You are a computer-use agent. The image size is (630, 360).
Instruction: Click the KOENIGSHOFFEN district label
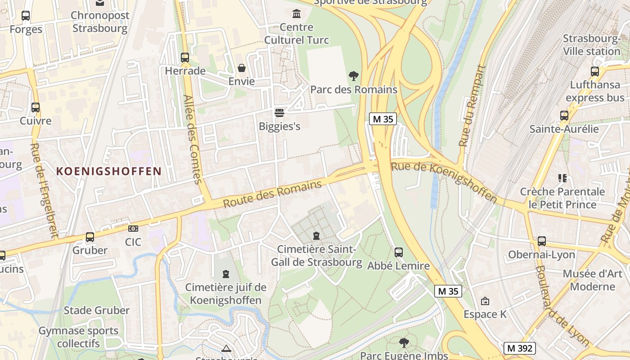coord(109,171)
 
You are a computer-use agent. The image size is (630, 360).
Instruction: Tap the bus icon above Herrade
coord(185,58)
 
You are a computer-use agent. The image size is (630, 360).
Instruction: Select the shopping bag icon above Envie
coord(242,68)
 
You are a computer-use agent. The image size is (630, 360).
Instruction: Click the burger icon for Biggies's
coord(279,112)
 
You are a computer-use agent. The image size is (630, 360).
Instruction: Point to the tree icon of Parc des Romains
coord(354,76)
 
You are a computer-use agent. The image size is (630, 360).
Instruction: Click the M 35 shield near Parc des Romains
coord(382,119)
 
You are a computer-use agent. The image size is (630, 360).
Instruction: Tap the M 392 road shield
coord(519,348)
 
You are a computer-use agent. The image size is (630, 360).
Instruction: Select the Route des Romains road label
coord(273,194)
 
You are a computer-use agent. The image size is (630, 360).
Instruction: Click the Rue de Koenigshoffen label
coord(444,182)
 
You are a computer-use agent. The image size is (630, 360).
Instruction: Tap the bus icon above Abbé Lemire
coord(398,252)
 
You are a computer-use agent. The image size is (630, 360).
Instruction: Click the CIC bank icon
coord(133,229)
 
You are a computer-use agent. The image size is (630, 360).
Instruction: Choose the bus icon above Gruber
coord(90,237)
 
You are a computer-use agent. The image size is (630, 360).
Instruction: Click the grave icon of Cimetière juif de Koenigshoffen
coord(226,274)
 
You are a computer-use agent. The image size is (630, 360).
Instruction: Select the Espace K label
coord(485,314)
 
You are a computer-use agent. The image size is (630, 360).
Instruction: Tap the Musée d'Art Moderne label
coord(592,280)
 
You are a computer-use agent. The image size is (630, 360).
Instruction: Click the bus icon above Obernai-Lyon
coord(541,241)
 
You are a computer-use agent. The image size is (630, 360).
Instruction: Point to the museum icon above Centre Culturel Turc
coord(297,14)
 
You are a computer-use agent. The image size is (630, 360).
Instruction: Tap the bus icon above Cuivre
coord(36,108)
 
